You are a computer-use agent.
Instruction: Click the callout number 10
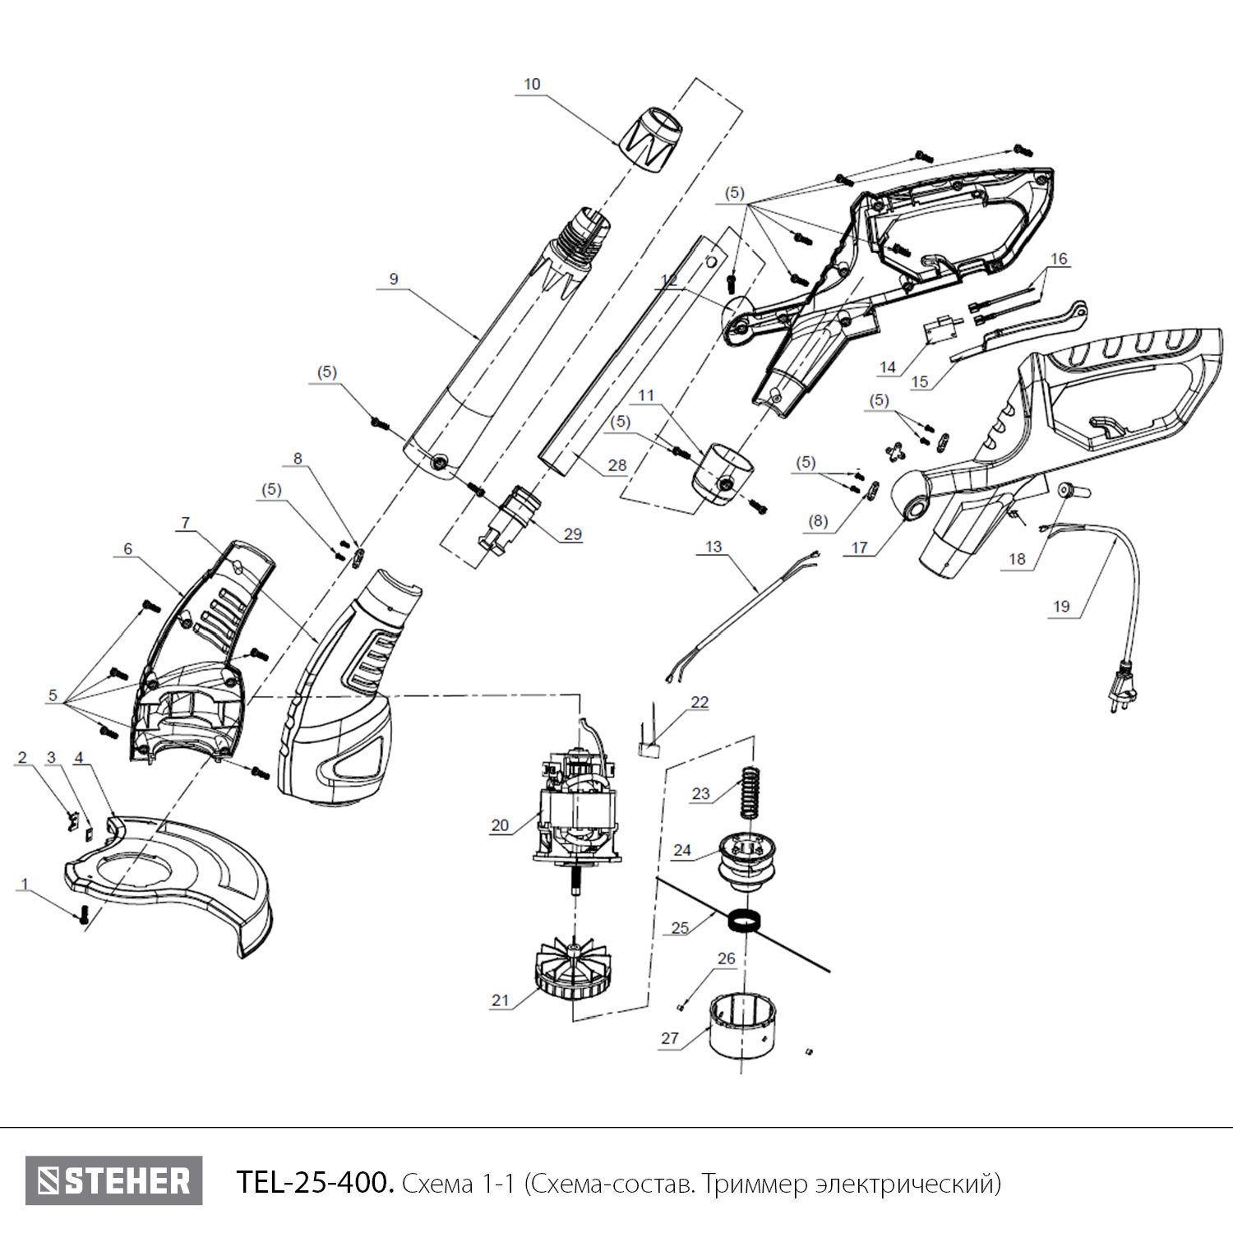pos(532,85)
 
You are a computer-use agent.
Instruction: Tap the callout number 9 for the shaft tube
pos(394,279)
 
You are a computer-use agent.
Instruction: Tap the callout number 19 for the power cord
pos(1061,607)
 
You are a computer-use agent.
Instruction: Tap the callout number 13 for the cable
pos(713,547)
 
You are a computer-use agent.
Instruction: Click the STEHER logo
pos(113,1181)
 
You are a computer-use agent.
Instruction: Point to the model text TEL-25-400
pos(315,1182)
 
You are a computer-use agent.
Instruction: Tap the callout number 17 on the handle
pos(859,547)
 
